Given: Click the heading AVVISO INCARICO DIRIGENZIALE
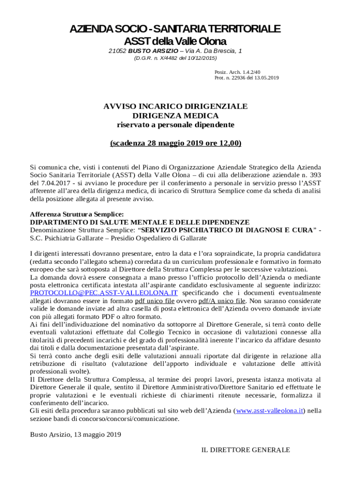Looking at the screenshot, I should pos(175,107).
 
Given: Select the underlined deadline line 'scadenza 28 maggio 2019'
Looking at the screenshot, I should pos(175,143).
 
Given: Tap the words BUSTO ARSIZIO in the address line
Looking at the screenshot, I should pos(153,51).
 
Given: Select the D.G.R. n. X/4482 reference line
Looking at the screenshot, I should pos(175,58).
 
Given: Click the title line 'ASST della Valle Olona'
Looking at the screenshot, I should pos(175,41).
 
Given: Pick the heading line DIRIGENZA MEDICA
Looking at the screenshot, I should pos(175,116).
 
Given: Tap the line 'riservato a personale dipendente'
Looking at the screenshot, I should pos(175,125).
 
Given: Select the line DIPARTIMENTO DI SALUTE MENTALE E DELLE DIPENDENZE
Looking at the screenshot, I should pos(140,222).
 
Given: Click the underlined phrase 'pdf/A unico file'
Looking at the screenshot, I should pos(222,301).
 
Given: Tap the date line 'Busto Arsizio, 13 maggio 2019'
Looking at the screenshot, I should pos(76,435).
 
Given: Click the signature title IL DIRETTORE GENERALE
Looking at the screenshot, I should pos(245,450).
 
